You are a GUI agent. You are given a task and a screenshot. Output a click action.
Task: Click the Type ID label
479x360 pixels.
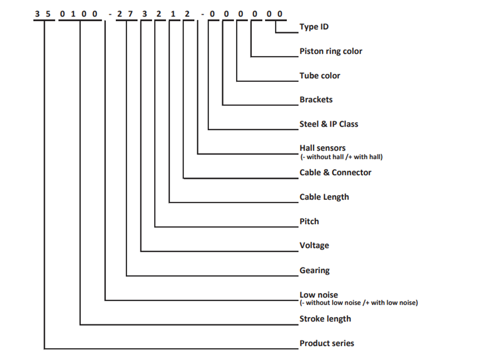[x=314, y=27]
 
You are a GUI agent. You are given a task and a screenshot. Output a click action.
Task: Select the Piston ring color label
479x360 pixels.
[x=330, y=51]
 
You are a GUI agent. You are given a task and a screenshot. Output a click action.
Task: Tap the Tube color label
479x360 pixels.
[x=319, y=75]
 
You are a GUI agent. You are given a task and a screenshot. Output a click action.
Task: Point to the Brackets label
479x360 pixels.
[x=316, y=100]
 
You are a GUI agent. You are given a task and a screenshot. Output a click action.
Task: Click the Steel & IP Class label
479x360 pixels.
[x=329, y=124]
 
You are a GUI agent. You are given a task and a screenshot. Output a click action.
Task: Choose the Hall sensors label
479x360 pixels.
[x=322, y=148]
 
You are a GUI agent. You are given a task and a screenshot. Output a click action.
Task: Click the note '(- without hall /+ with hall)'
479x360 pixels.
[x=341, y=157]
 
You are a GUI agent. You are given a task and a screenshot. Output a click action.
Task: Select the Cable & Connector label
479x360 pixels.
[x=335, y=173]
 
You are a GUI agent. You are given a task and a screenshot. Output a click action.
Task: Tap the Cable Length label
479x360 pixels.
[x=324, y=197]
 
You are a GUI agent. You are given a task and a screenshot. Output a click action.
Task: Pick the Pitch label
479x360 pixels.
[x=309, y=221]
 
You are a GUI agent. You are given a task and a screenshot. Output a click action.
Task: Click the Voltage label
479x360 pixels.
[x=314, y=245]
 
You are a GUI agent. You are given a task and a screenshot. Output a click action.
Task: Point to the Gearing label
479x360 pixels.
[x=315, y=271]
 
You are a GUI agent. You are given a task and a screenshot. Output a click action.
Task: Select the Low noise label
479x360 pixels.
[x=319, y=295]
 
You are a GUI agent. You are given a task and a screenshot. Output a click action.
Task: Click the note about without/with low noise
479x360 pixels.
[x=359, y=303]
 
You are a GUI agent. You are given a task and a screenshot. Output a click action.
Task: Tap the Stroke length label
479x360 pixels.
[x=325, y=319]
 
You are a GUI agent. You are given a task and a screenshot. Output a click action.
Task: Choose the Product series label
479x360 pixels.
[x=326, y=343]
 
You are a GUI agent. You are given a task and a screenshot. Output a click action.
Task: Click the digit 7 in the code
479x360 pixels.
[x=130, y=14]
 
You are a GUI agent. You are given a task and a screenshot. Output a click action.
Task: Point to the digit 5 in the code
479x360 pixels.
[x=48, y=14]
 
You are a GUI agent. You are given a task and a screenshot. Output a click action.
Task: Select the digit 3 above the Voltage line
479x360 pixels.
[x=145, y=14]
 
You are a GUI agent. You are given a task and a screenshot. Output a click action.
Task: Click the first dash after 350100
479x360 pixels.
[x=110, y=14]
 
